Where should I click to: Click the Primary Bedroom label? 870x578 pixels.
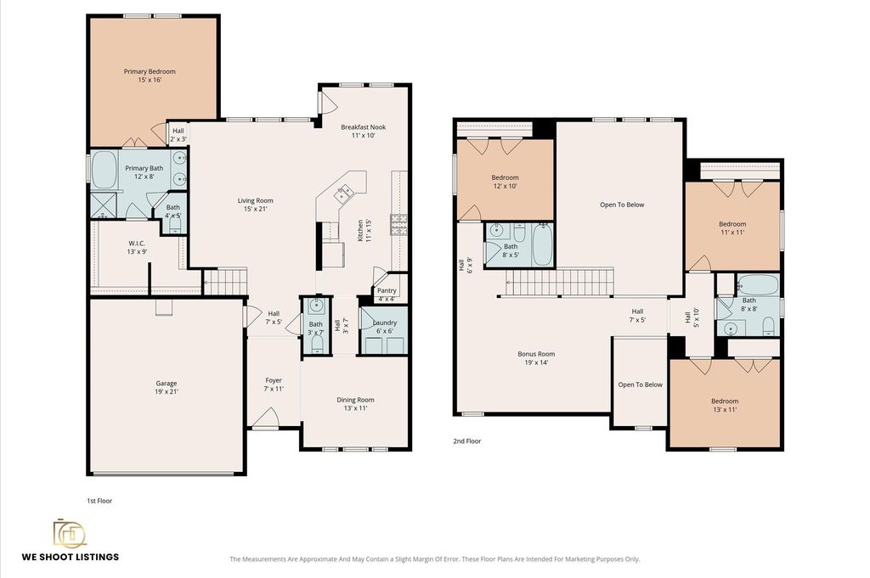coord(150,71)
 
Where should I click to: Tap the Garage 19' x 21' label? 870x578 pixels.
coord(167,387)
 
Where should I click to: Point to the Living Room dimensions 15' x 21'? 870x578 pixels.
coord(255,209)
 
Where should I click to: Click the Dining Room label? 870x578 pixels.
coord(355,400)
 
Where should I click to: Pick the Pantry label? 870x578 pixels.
coord(387,290)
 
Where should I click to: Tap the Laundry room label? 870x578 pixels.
coord(385,323)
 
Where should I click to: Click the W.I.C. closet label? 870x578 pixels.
coord(137,244)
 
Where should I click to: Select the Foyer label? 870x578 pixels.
coord(274,380)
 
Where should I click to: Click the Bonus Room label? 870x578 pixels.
coord(536,354)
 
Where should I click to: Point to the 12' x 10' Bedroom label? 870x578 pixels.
coord(505,182)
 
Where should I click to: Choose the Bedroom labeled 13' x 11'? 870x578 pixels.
coord(725,405)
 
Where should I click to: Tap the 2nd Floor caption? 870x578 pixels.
coord(467,441)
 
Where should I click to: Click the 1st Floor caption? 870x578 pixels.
coord(99,501)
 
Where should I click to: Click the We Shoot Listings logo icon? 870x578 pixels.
coord(70,532)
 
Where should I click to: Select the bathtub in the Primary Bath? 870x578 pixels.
coord(104,171)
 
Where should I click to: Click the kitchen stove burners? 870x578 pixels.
coord(399,225)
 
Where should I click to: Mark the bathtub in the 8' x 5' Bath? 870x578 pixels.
coord(542,244)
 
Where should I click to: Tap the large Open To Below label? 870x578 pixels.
coord(622,205)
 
